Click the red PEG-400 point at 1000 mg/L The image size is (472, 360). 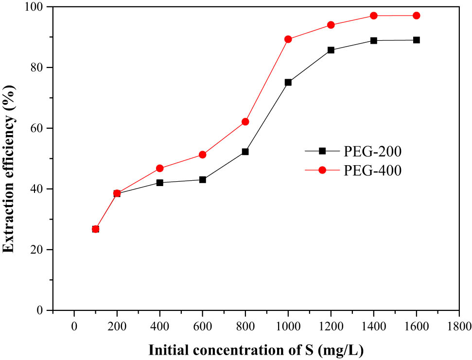coord(288,39)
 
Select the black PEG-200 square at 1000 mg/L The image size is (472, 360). coord(288,83)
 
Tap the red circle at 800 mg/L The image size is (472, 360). coord(245,121)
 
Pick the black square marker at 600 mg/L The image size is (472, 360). coord(202,180)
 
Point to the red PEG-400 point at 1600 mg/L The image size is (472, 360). coord(416,16)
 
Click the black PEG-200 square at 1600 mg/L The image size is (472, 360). coord(416,40)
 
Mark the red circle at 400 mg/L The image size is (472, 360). coord(159,168)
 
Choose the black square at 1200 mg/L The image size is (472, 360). coord(331,50)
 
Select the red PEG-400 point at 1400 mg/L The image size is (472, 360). coord(373,16)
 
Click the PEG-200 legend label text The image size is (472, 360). coord(373,152)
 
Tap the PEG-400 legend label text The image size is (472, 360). coord(373,171)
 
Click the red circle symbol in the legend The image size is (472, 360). coord(322,171)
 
